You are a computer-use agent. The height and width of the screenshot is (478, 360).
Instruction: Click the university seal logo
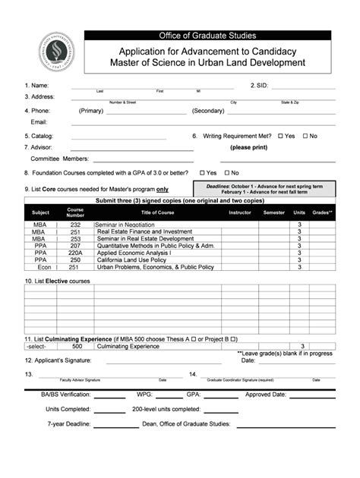pyautogui.click(x=52, y=55)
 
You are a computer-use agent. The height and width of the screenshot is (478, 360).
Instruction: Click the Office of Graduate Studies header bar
pyautogui.click(x=206, y=35)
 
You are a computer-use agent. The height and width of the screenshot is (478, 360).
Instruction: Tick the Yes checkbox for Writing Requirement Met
pyautogui.click(x=280, y=136)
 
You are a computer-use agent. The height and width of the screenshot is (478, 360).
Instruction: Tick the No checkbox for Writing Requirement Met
pyautogui.click(x=305, y=136)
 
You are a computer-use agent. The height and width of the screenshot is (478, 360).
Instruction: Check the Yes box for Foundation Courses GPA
pyautogui.click(x=202, y=173)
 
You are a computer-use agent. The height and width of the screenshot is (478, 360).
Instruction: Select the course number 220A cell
pyautogui.click(x=75, y=253)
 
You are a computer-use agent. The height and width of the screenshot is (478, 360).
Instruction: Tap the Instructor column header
pyautogui.click(x=239, y=212)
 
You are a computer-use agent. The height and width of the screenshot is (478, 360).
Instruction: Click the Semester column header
pyautogui.click(x=273, y=212)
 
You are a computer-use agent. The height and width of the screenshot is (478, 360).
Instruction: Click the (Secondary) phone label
pyautogui.click(x=207, y=110)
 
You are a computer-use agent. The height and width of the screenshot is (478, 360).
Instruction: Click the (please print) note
pyautogui.click(x=249, y=147)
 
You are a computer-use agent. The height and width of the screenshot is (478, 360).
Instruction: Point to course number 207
pyautogui.click(x=75, y=246)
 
